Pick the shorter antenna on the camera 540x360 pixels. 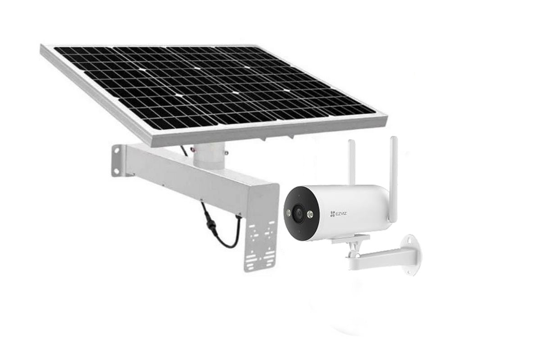click(352, 162)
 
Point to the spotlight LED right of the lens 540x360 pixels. click(310, 214)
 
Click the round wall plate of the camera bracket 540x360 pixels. click(411, 255)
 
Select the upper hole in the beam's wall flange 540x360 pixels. click(117, 152)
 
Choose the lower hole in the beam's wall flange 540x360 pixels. click(116, 171)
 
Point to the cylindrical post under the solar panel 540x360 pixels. click(209, 155)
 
